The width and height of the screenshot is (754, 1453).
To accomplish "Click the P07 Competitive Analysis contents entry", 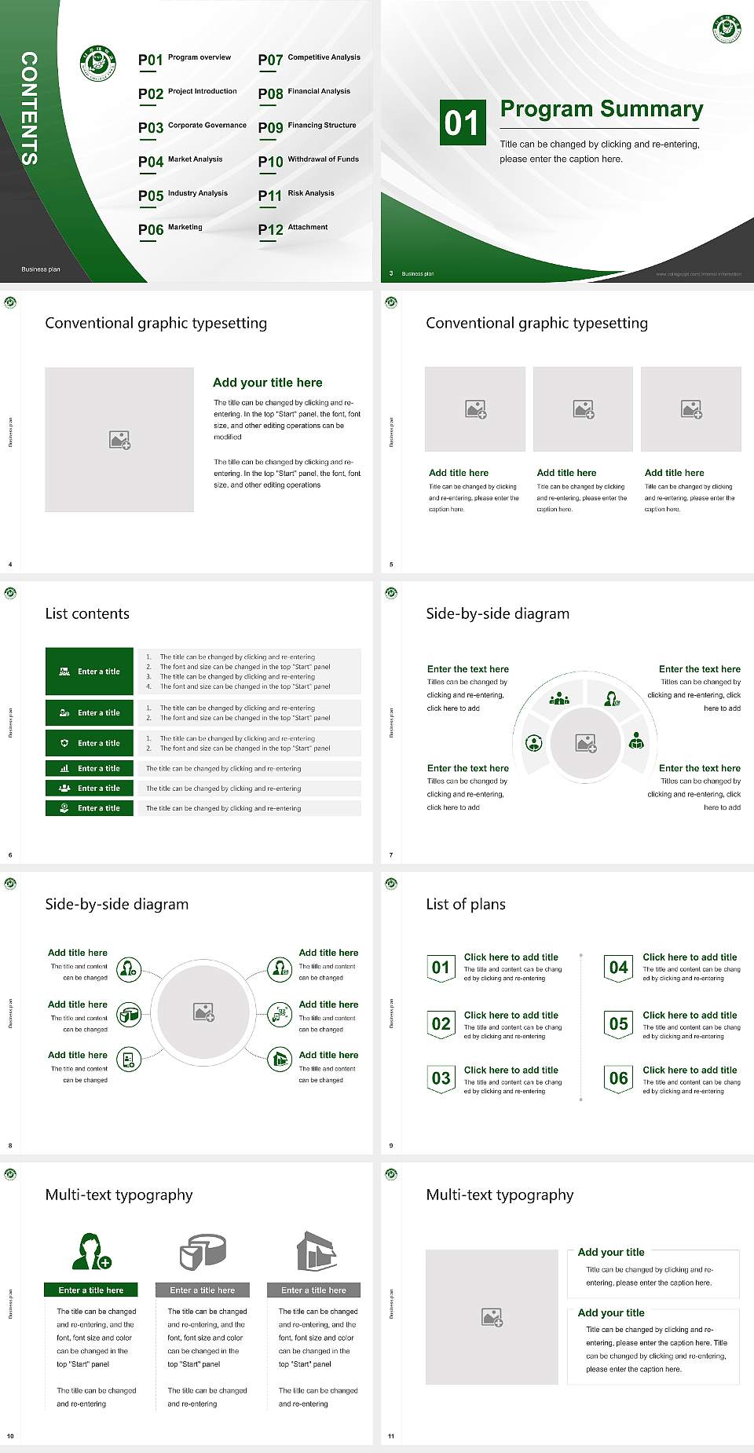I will tap(309, 59).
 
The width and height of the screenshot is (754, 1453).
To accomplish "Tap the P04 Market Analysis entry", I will tap(181, 161).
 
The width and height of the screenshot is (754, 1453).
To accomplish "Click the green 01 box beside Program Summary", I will tap(462, 123).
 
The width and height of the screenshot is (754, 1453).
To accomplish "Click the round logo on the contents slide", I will tap(98, 64).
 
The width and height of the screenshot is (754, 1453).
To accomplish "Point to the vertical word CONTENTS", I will tap(29, 108).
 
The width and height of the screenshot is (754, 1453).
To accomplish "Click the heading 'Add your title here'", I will tap(267, 382).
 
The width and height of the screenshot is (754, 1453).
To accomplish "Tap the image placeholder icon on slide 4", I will tap(119, 440).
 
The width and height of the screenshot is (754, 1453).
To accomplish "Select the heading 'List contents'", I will tap(87, 613).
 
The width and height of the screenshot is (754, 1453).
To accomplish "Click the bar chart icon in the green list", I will tap(64, 768).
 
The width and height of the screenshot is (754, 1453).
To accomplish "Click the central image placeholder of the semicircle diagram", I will tap(586, 743).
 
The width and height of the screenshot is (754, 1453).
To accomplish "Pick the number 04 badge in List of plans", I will tap(619, 968).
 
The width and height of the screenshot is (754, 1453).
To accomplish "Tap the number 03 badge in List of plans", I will tap(441, 1078).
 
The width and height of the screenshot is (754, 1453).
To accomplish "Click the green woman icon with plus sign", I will tap(91, 1251).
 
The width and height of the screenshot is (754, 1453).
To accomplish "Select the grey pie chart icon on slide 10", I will tap(203, 1251).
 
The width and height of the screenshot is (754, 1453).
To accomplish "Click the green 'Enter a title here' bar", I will tap(91, 1290).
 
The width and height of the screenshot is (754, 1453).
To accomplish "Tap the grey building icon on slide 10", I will tap(316, 1251).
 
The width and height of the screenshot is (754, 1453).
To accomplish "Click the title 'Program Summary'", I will tap(601, 109).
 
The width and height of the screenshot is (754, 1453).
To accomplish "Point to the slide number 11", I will tap(391, 1437).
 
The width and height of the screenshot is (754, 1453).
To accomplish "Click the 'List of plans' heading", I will tap(466, 904).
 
